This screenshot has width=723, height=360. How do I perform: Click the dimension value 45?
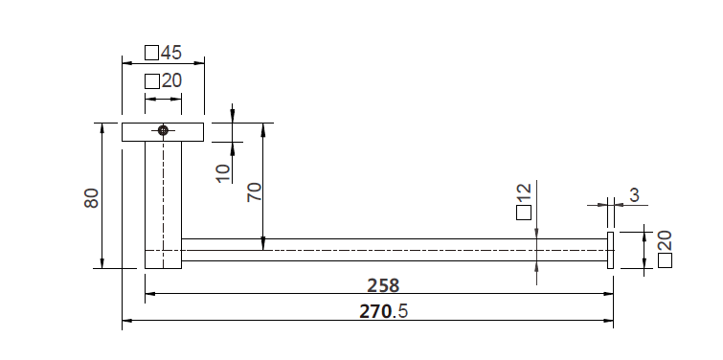(x=171, y=53)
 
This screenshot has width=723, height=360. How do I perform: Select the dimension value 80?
(x=91, y=198)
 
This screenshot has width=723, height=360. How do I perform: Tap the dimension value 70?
(x=254, y=192)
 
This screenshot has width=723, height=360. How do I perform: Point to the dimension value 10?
(x=223, y=173)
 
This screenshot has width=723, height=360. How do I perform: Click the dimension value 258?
(x=383, y=285)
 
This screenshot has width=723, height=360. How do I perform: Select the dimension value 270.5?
(x=384, y=311)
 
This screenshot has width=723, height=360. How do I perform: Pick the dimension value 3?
(x=635, y=195)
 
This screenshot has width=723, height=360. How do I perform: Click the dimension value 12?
(x=524, y=193)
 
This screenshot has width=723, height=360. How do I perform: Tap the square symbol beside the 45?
(x=151, y=53)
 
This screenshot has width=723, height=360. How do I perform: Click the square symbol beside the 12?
(x=524, y=213)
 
